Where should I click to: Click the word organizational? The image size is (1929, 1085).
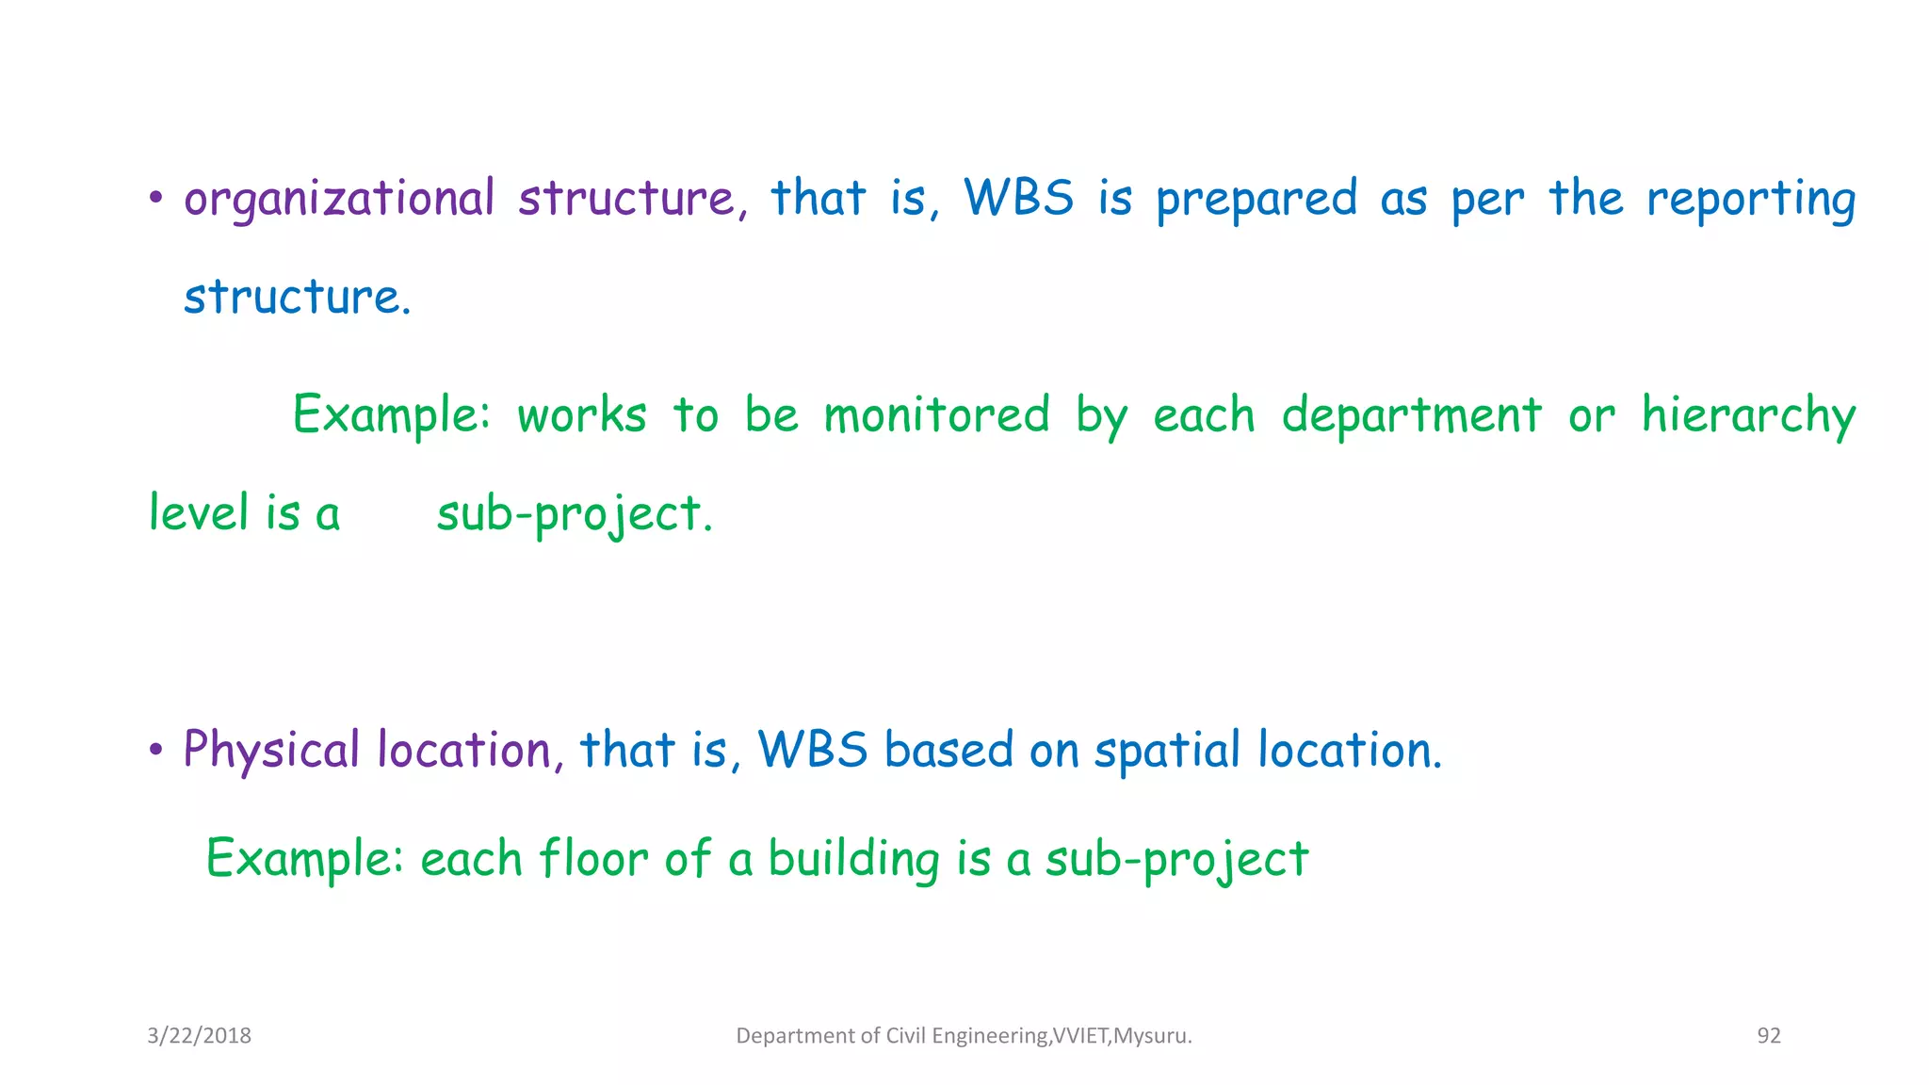coord(338,200)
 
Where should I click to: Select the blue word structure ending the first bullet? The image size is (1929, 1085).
coord(296,298)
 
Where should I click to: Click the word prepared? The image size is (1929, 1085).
coord(1256,200)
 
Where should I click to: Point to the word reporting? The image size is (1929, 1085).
coord(1750,200)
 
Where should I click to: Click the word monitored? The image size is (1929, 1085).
coord(936,416)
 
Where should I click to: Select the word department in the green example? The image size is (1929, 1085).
coord(1411,416)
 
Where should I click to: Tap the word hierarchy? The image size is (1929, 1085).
coord(1747,416)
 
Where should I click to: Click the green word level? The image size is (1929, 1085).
coord(199,514)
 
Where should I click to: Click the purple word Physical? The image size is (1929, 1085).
coord(271,751)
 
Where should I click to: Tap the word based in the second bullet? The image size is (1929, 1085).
coord(948,751)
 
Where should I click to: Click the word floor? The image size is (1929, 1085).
coord(592,859)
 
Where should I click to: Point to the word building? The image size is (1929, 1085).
coord(853,859)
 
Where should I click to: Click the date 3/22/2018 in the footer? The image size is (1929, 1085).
coord(199,1036)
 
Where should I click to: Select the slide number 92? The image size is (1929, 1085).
coord(1768,1036)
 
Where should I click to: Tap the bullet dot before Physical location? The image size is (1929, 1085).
coord(156,751)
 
